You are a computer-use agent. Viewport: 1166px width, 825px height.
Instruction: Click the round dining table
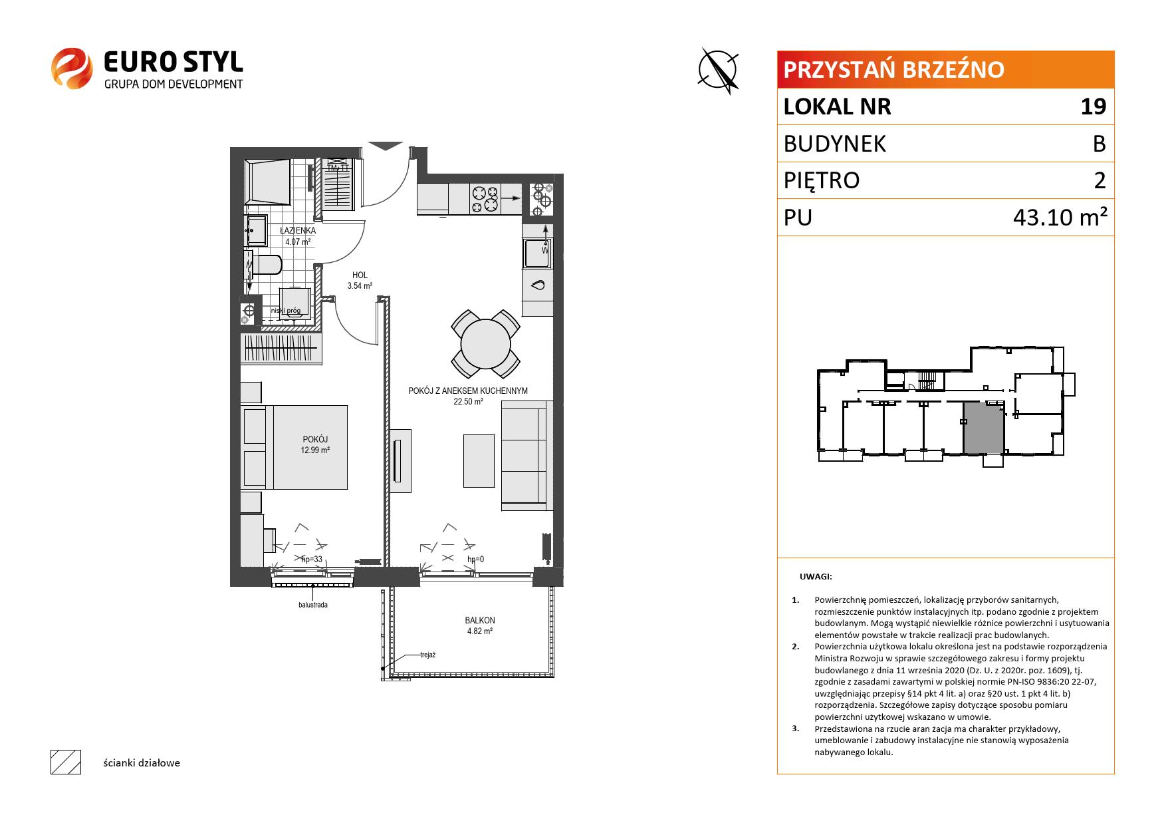(x=485, y=343)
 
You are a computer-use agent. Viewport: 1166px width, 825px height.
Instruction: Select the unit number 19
(x=1093, y=106)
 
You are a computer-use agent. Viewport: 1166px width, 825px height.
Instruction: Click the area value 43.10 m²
(x=1060, y=218)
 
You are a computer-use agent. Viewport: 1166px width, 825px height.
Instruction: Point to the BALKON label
(x=480, y=620)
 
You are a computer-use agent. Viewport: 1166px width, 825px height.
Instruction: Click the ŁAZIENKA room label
(x=298, y=231)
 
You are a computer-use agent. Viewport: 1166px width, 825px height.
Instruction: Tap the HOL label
(x=360, y=275)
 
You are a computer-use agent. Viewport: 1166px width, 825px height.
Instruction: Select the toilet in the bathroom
(x=266, y=265)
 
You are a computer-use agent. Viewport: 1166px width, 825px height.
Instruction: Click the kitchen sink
(x=537, y=253)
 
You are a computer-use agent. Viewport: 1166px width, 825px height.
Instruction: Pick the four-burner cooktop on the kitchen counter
(x=485, y=199)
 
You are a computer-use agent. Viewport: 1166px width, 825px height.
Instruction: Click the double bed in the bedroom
(x=294, y=447)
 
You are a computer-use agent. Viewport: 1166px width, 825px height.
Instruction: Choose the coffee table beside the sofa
(x=479, y=460)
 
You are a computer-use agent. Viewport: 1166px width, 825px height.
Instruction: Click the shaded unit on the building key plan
(x=984, y=428)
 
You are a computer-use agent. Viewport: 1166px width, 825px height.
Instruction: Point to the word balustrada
(x=312, y=605)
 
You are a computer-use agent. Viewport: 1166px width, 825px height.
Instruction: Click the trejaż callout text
(x=427, y=655)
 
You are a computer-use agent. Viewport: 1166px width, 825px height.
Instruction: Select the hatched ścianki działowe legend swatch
(x=66, y=762)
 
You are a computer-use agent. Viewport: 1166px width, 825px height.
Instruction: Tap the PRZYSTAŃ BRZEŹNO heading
(x=894, y=70)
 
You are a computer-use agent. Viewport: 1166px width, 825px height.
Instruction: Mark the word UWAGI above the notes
(x=816, y=577)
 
